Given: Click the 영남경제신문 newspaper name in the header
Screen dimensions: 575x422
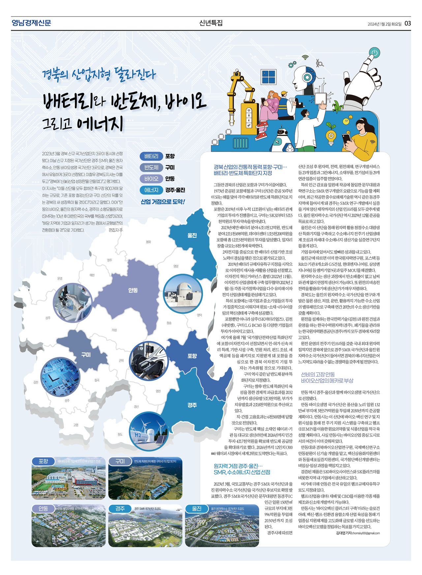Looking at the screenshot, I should point(31,23).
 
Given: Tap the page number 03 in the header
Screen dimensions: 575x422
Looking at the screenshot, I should point(407,23).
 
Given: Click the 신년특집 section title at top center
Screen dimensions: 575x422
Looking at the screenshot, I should point(211,23).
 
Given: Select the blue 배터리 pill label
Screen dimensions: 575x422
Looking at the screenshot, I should point(151,156).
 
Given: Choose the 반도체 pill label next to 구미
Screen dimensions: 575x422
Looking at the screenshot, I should point(151,168).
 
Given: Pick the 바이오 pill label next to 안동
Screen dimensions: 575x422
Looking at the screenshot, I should point(151,179).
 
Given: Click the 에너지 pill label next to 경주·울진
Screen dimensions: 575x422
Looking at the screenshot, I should point(151,190).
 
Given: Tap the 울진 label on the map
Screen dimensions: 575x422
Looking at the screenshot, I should point(192,235).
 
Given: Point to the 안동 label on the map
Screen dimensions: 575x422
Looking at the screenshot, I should point(133,290).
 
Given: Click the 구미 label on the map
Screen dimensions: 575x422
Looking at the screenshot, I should point(86,355).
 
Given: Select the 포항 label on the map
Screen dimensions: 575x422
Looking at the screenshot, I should point(192,356).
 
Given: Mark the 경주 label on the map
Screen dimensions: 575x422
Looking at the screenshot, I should point(192,405).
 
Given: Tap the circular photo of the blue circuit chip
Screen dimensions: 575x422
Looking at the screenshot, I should point(60,377).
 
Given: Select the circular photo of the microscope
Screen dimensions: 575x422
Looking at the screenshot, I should point(73,302).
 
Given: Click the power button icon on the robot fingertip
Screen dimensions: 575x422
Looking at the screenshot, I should point(374,53).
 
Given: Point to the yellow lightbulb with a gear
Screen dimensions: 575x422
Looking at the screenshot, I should point(331,136).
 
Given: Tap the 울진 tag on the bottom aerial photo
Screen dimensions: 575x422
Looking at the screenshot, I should point(197,508).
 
